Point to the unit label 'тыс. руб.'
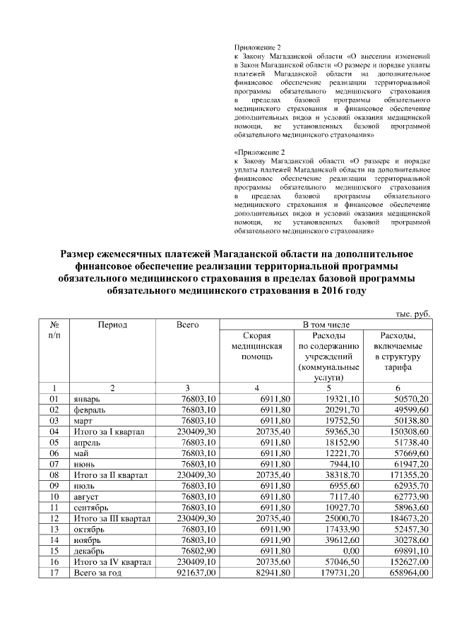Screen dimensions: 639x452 (412, 313)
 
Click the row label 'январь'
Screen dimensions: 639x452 (88, 399)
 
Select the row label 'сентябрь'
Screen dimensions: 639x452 (91, 507)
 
